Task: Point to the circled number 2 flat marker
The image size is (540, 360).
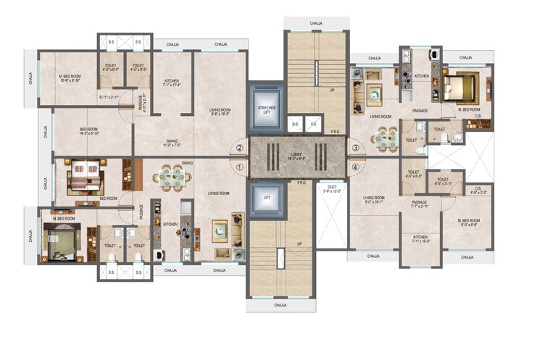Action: pos(239,148)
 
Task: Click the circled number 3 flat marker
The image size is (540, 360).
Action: pos(355,148)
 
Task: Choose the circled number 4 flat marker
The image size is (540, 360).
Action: pos(355,167)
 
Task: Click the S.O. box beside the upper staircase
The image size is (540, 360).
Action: pos(295,124)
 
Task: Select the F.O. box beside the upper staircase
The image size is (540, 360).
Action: pos(313,124)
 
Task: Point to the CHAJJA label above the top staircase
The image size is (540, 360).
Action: pos(315,24)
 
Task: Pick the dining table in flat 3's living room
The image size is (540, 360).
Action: pos(385,139)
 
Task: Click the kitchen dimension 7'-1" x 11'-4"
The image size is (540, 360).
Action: pos(171,84)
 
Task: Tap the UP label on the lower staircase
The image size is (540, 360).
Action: pos(299,243)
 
